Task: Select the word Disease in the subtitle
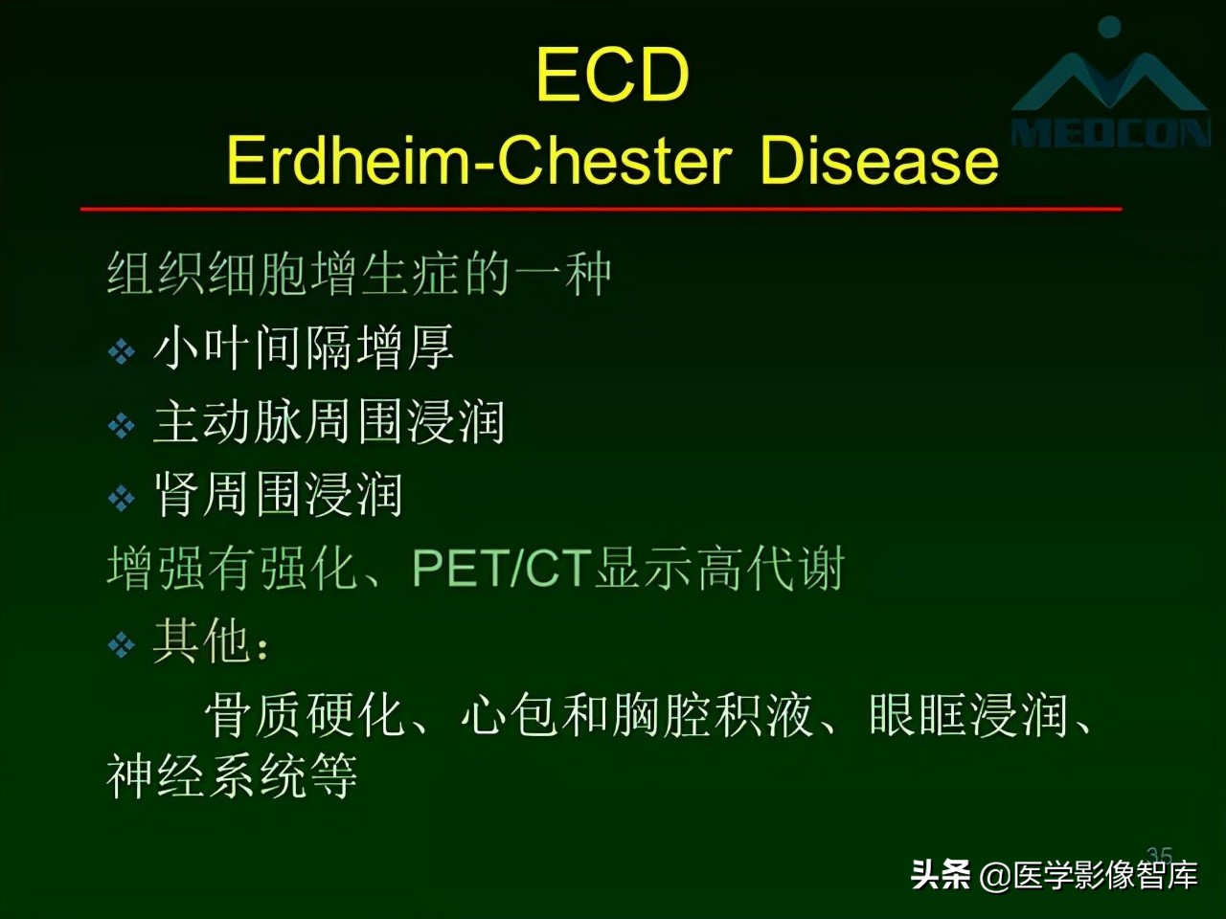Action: [x=878, y=160]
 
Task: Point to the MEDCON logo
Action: [x=1110, y=91]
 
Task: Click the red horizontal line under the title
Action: [x=601, y=208]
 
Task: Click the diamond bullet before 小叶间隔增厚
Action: [x=121, y=352]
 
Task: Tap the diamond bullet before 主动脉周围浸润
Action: [x=121, y=425]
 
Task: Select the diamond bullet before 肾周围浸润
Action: [x=121, y=498]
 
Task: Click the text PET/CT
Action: [x=499, y=569]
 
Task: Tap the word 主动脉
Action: [x=228, y=422]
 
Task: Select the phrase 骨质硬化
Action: [x=305, y=715]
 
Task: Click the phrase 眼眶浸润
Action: [x=968, y=715]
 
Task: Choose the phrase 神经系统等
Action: [x=232, y=776]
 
